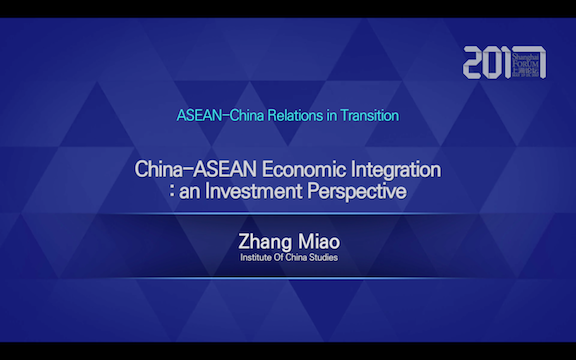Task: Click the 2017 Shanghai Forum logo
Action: pos(505,62)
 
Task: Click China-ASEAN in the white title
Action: pos(186,170)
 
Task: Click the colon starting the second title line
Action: pos(173,193)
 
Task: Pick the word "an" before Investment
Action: pos(192,192)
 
